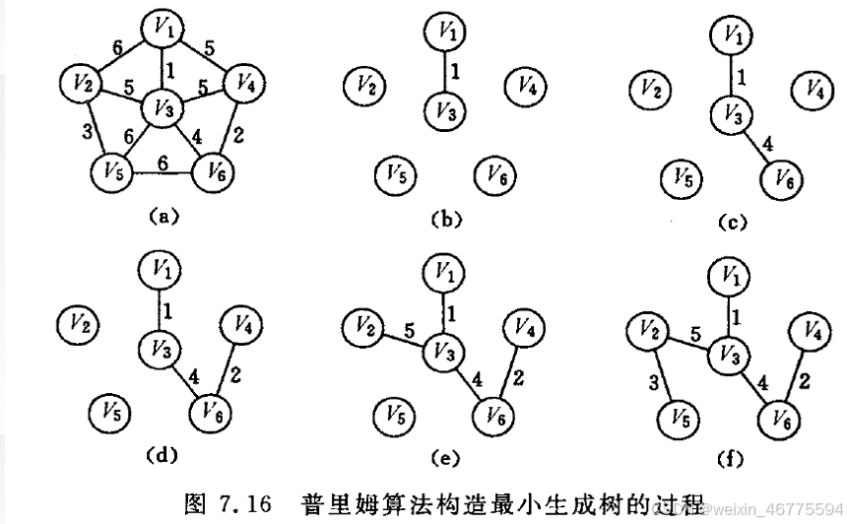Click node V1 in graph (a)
coord(162,30)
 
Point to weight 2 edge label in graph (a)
coord(240,135)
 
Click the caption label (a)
coord(160,213)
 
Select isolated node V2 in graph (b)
coord(364,87)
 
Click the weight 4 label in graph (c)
coord(767,145)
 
